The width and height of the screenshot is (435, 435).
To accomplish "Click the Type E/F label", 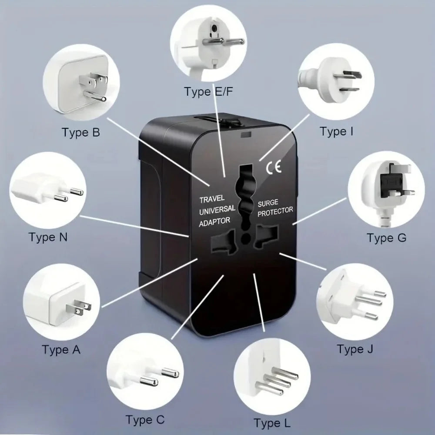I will [208, 92].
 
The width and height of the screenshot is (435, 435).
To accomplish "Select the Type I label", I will [336, 131].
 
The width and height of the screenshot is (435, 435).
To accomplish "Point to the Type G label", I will [386, 238].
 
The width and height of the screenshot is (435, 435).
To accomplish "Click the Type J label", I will [355, 349].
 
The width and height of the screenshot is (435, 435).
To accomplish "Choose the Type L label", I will [272, 423].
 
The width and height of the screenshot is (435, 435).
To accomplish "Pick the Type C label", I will [145, 420].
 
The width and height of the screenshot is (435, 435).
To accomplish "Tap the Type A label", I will [61, 349].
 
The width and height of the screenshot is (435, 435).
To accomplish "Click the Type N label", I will [48, 238].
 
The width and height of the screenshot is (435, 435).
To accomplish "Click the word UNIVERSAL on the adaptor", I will [217, 210].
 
